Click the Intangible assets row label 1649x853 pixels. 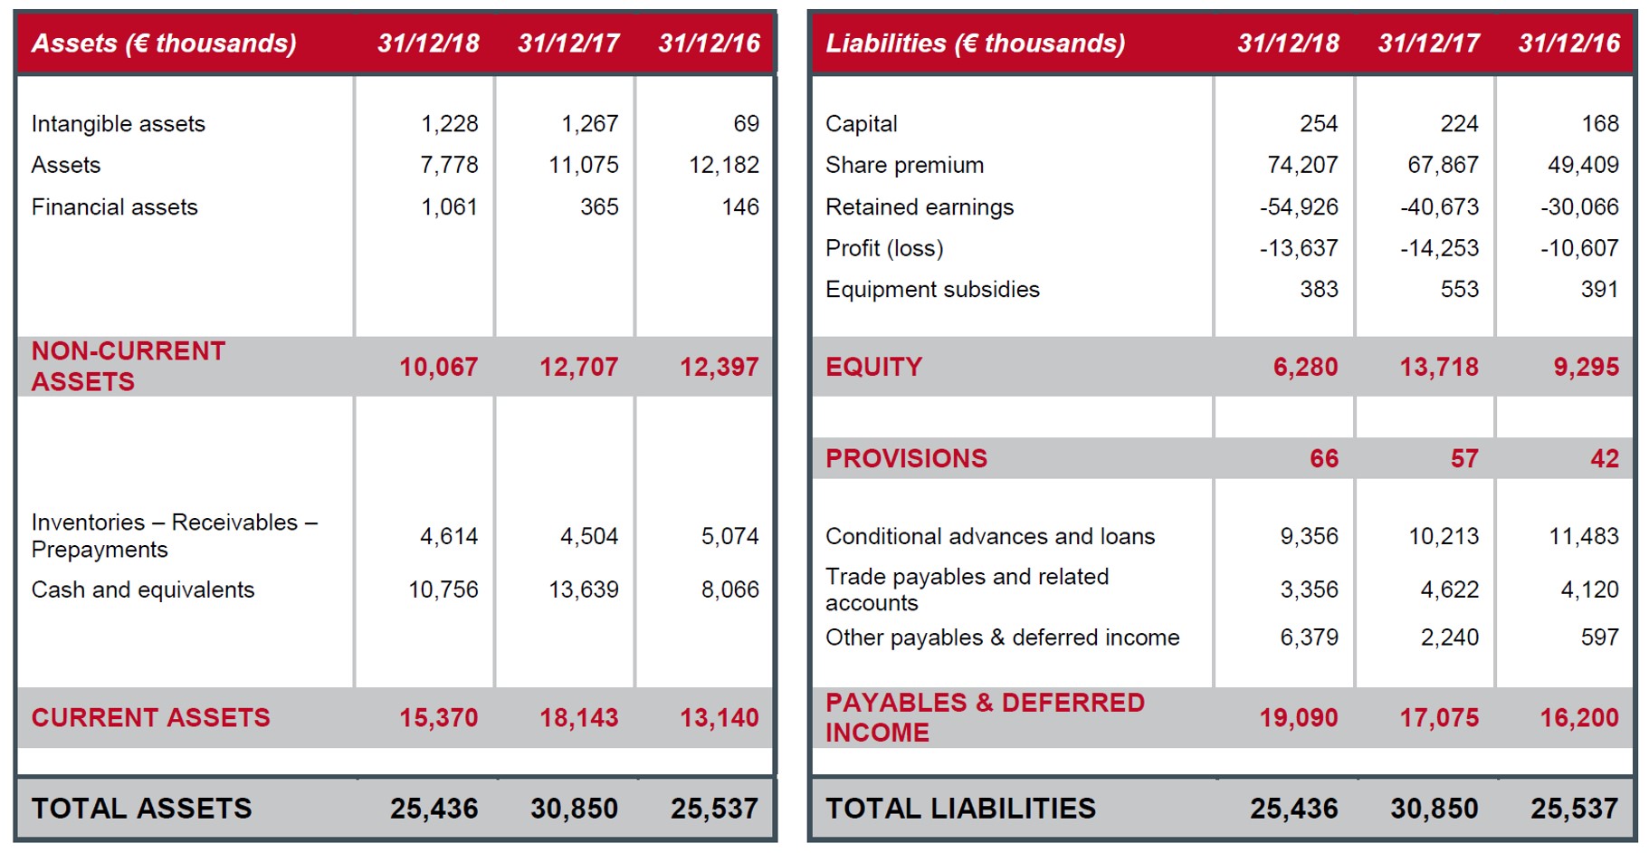pyautogui.click(x=118, y=124)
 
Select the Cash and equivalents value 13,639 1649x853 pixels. pyautogui.click(x=584, y=589)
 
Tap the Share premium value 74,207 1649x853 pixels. pyautogui.click(x=1302, y=165)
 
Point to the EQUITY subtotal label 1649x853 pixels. pyautogui.click(x=873, y=367)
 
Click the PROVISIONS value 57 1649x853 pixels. pyautogui.click(x=1464, y=458)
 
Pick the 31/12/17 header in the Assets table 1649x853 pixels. pyautogui.click(x=568, y=43)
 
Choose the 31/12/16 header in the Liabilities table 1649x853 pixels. pyautogui.click(x=1569, y=43)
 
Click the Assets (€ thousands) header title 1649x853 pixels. pyautogui.click(x=164, y=43)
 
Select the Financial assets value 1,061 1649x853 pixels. pyautogui.click(x=449, y=207)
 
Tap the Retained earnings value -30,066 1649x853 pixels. pyautogui.click(x=1579, y=207)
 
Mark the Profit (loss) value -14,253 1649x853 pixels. pyautogui.click(x=1439, y=248)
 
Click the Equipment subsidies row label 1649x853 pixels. pyautogui.click(x=932, y=290)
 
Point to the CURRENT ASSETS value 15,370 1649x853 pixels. pyautogui.click(x=439, y=718)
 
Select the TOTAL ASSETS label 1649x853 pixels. pyautogui.click(x=141, y=809)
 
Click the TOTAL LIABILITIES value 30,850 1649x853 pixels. pyautogui.click(x=1435, y=809)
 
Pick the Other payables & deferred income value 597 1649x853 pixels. pyautogui.click(x=1600, y=637)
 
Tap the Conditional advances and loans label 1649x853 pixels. pyautogui.click(x=990, y=537)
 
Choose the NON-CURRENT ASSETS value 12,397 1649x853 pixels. pyautogui.click(x=720, y=367)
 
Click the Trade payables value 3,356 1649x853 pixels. pyautogui.click(x=1309, y=589)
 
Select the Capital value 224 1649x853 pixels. pyautogui.click(x=1460, y=124)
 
